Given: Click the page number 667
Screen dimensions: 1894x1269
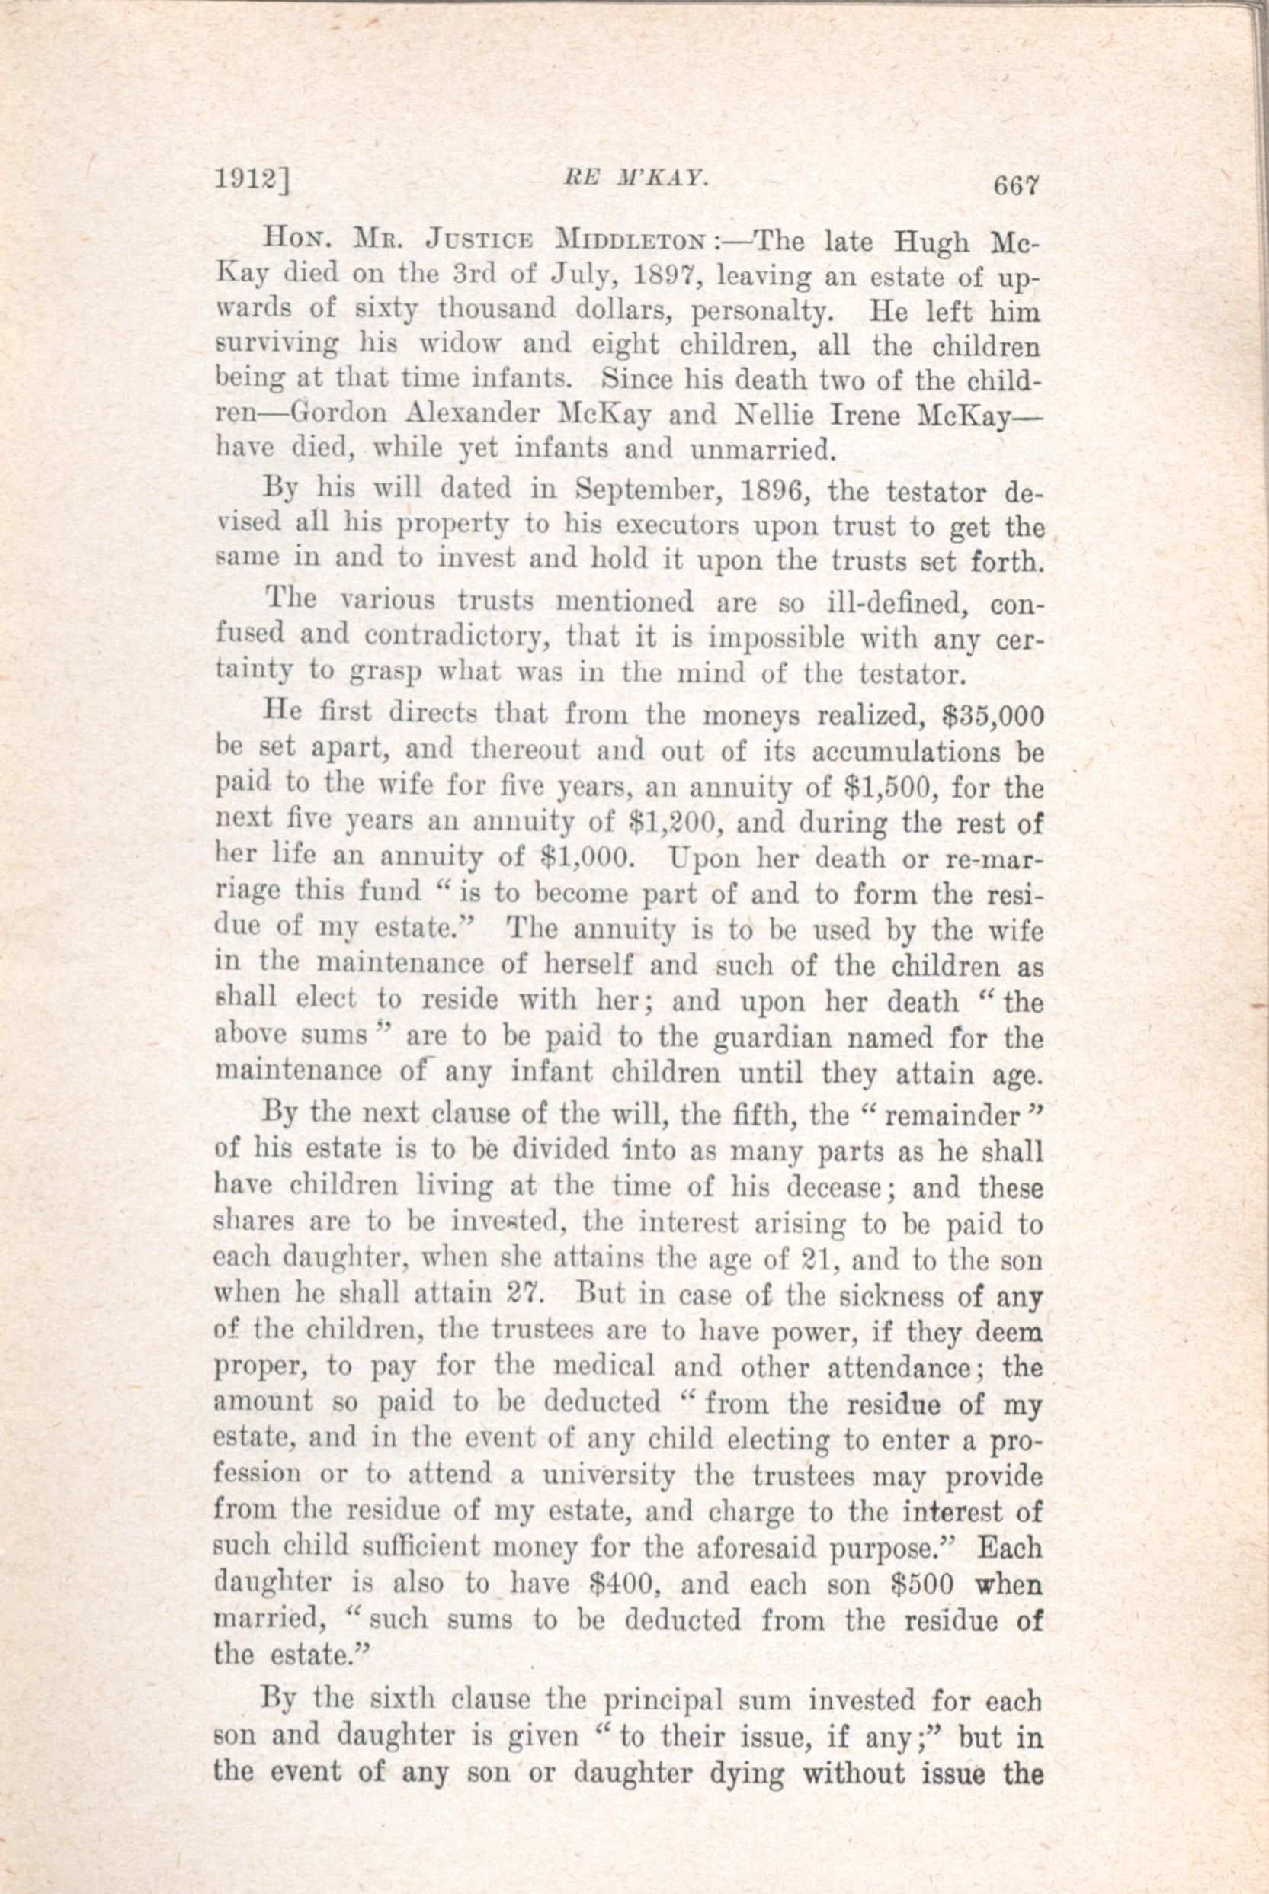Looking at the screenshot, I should [1011, 187].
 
